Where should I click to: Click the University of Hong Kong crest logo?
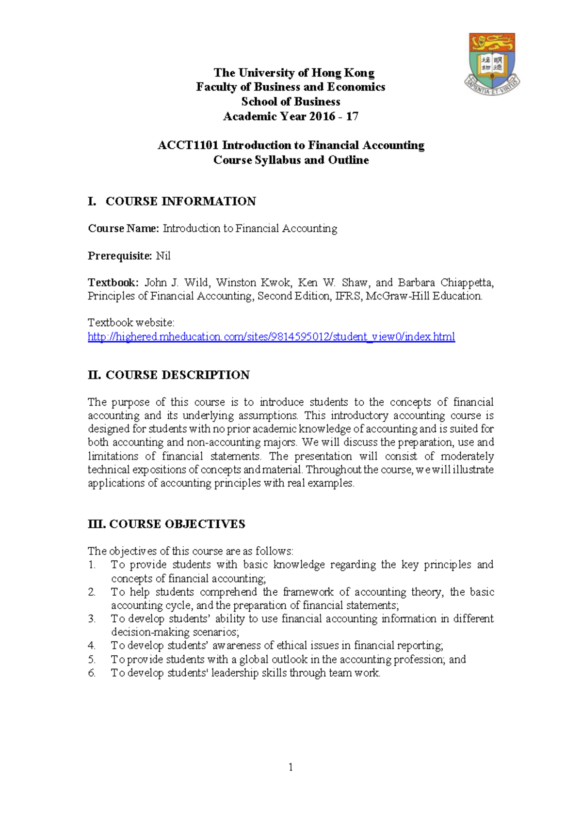(492, 63)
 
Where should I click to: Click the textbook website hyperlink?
(271, 336)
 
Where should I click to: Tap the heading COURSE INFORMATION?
(180, 201)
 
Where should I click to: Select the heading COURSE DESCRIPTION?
(178, 375)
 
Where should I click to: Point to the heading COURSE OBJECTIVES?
(177, 524)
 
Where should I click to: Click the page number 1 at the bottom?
(291, 767)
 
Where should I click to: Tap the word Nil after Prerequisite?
(163, 256)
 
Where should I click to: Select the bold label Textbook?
(113, 283)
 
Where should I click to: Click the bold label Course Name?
(123, 228)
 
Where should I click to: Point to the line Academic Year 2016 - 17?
(291, 116)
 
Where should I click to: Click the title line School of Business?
(291, 102)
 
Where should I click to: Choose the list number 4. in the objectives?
(92, 646)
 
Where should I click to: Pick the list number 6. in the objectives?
(92, 673)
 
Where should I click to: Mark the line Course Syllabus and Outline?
(291, 160)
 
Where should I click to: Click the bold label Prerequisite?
(120, 256)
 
